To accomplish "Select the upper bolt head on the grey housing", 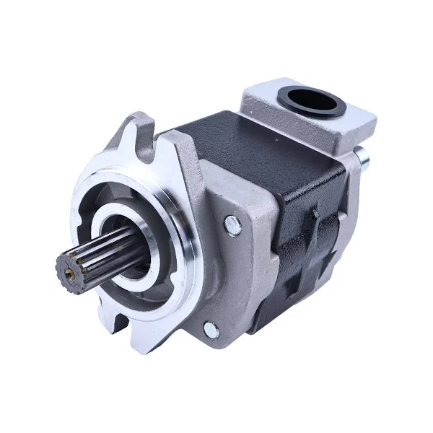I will click(x=232, y=225).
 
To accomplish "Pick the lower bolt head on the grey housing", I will click(x=211, y=330).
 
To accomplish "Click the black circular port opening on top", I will click(x=313, y=100).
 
